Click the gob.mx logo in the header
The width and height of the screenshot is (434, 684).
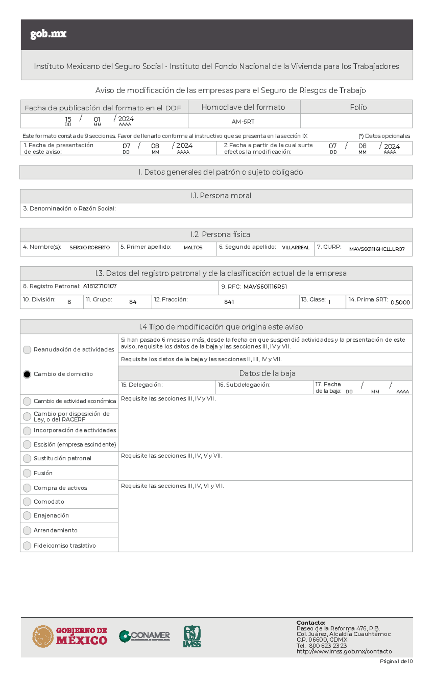click(48, 34)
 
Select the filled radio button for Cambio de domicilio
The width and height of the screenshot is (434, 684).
click(27, 374)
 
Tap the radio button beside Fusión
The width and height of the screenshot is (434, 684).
click(27, 473)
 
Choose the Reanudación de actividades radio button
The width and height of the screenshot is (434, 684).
click(27, 350)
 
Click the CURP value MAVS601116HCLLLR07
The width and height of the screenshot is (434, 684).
click(376, 249)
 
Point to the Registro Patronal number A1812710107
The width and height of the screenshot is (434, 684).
click(100, 286)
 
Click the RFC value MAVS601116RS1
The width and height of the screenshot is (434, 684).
click(265, 287)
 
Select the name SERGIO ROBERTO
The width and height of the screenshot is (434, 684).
click(90, 248)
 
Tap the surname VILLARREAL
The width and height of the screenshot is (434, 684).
click(295, 248)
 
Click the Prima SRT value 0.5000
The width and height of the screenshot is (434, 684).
click(400, 303)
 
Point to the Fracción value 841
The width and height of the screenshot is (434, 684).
click(229, 302)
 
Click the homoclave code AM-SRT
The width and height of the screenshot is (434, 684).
click(243, 122)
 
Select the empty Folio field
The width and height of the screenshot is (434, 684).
click(356, 121)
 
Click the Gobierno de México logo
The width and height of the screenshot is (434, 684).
click(70, 636)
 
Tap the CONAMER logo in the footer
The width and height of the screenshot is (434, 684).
click(144, 636)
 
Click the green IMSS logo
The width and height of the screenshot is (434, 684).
click(192, 636)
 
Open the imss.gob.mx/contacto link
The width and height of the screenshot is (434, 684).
click(344, 651)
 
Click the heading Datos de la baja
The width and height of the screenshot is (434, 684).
click(267, 373)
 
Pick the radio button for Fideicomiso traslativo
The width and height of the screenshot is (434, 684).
click(27, 545)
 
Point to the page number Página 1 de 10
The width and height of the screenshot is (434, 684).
click(396, 662)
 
